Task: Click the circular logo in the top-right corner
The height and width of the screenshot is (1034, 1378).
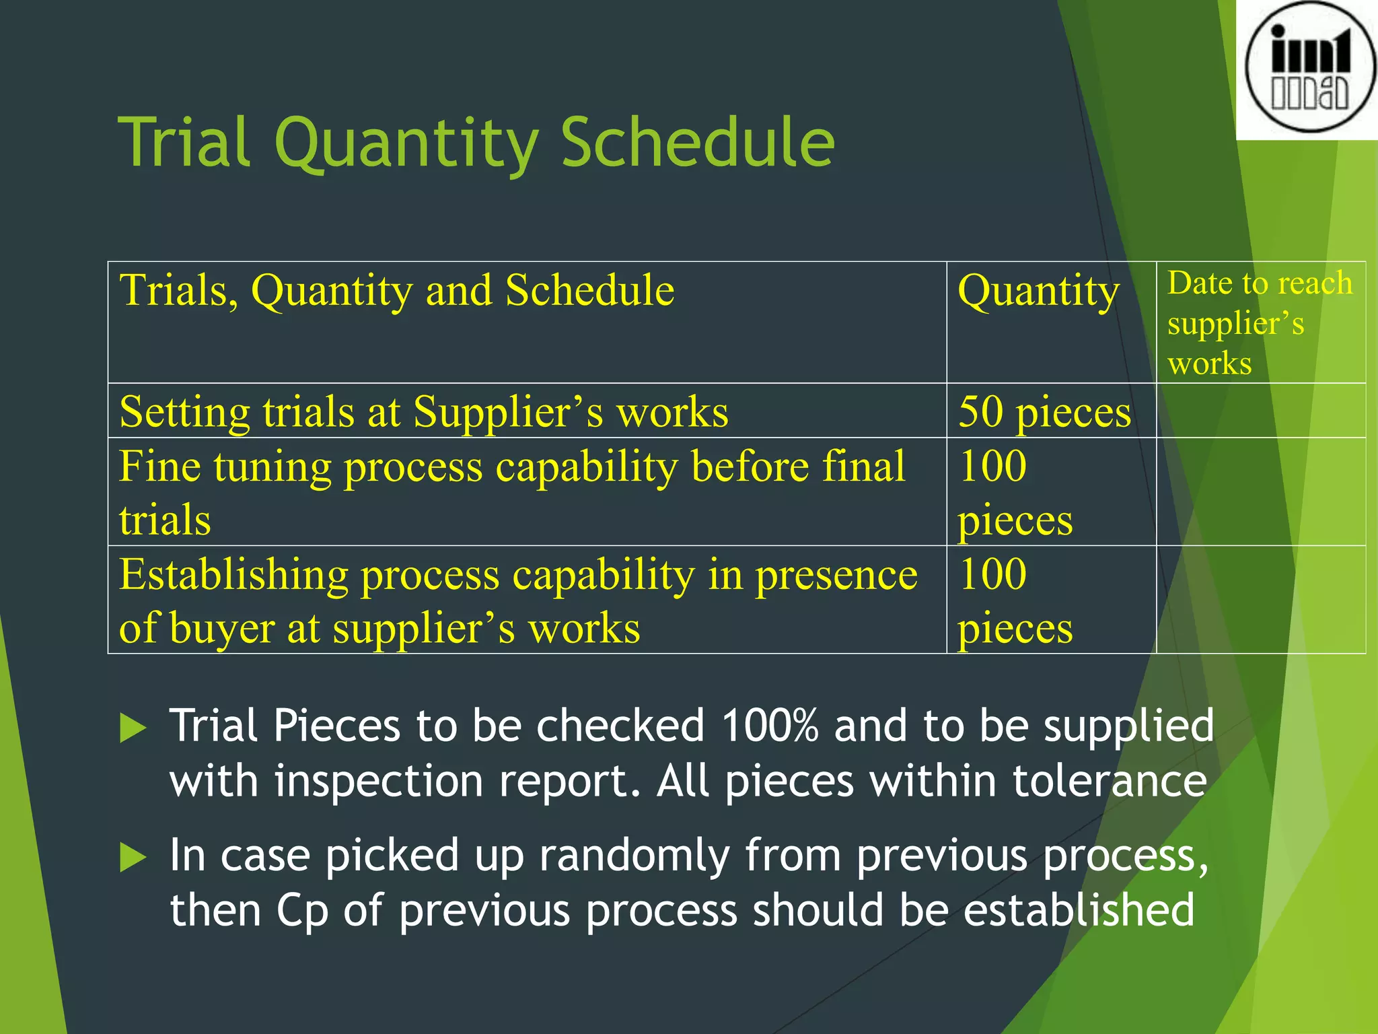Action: [x=1308, y=67]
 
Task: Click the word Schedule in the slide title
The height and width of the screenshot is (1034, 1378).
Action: [x=698, y=143]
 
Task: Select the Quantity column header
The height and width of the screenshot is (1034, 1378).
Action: [x=1038, y=291]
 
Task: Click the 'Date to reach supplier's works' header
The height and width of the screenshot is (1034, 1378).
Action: [x=1260, y=322]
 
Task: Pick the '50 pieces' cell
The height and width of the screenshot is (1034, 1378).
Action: [x=1044, y=411]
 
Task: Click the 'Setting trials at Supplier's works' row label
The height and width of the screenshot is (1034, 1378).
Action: [x=424, y=411]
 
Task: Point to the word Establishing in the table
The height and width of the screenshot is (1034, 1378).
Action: [x=233, y=575]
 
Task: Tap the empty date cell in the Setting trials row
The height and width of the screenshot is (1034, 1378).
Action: [x=1260, y=411]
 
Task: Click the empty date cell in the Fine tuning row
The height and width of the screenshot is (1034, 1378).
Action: [x=1260, y=491]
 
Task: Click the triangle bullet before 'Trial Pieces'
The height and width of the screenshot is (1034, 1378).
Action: [x=133, y=728]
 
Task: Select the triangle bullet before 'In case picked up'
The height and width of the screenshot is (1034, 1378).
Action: [x=133, y=858]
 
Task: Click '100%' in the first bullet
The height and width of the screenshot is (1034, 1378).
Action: [x=769, y=726]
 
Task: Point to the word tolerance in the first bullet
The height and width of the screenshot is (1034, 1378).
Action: [x=1110, y=782]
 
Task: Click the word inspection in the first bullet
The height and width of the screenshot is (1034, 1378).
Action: [x=379, y=782]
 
